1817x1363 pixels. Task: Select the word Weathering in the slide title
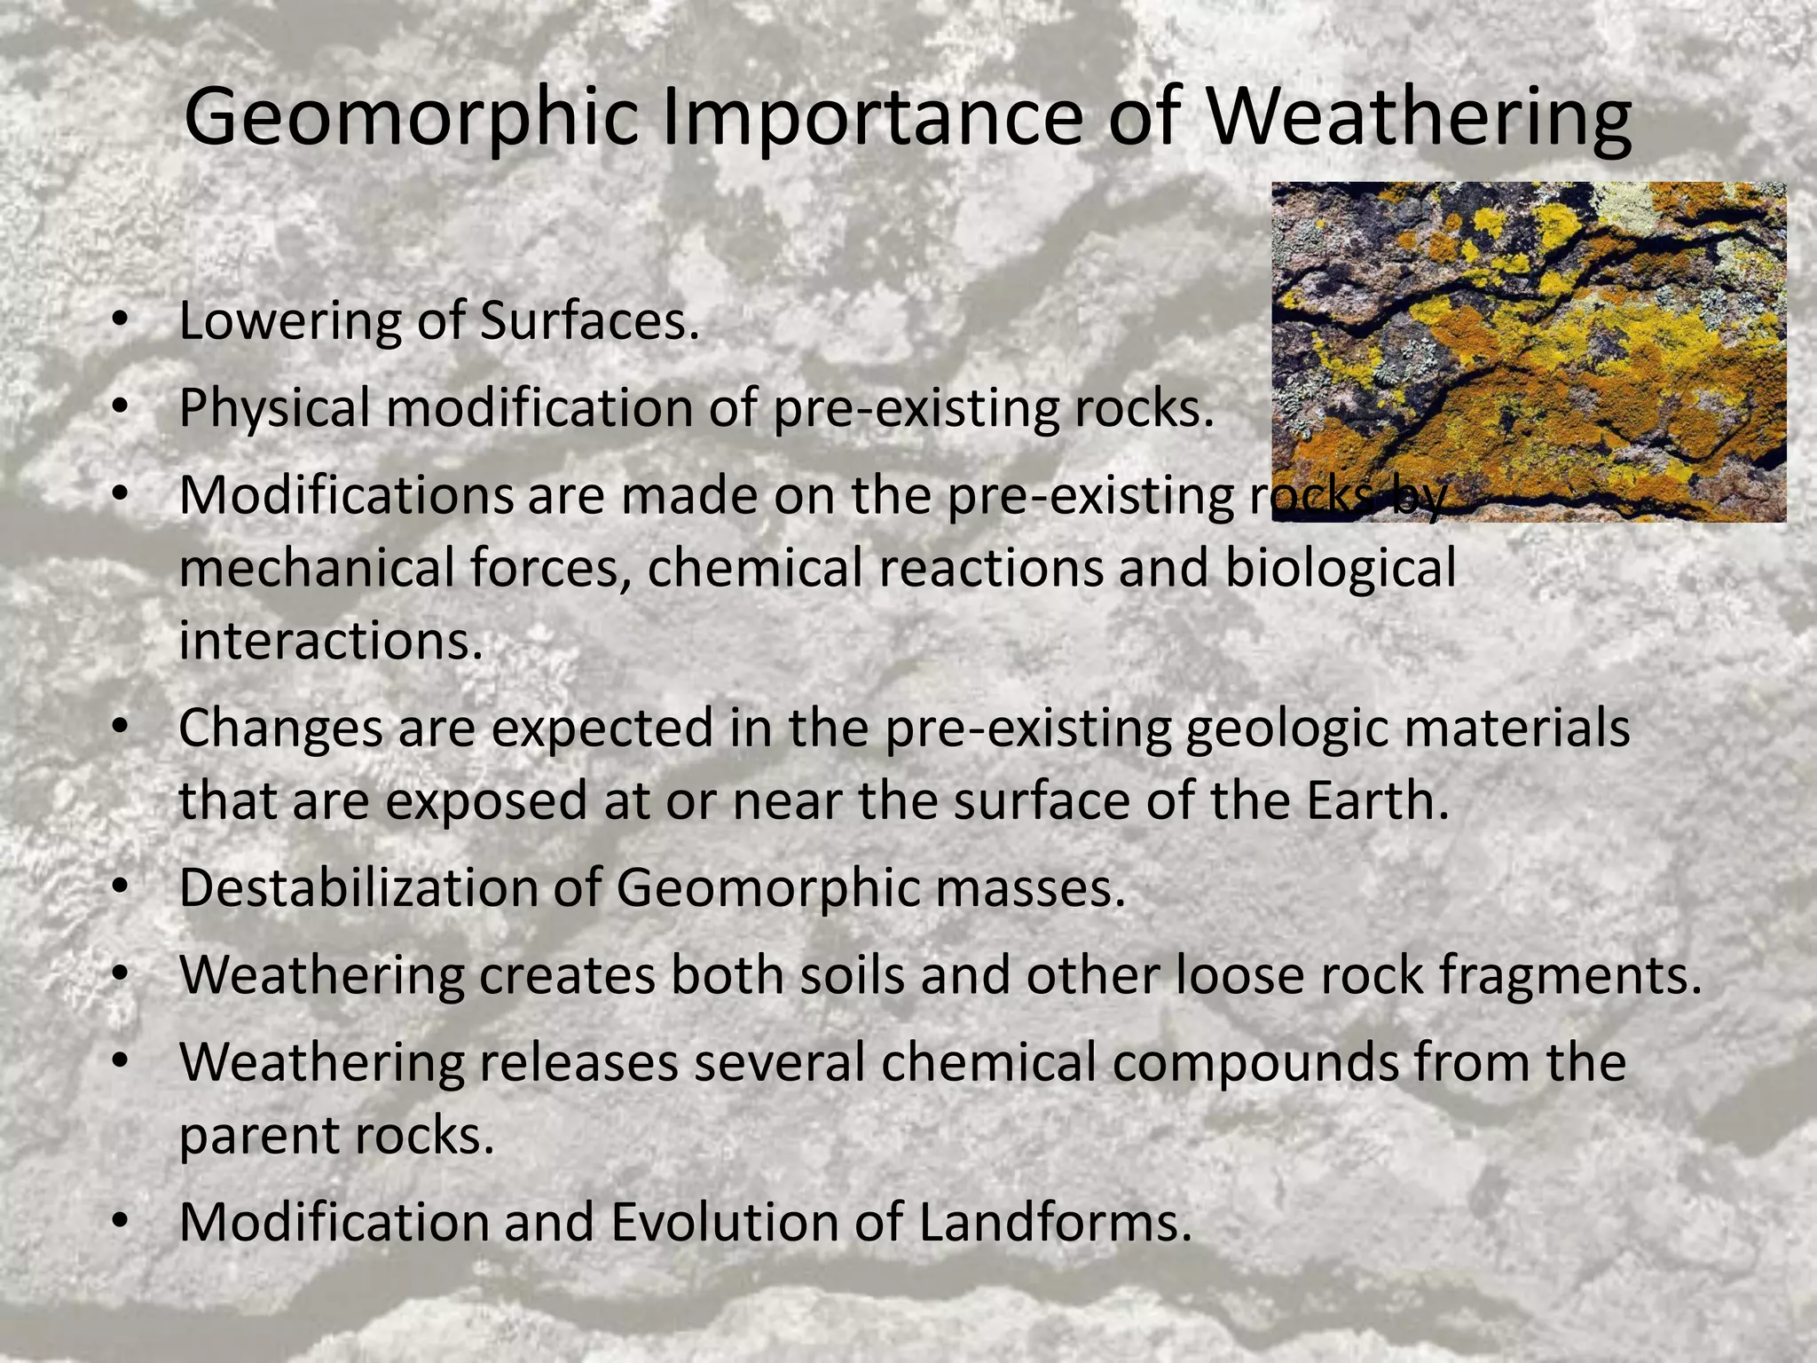point(1416,118)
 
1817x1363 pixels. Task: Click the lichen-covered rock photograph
point(1528,351)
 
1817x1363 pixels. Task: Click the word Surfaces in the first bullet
point(589,321)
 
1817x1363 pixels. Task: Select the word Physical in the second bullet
point(274,408)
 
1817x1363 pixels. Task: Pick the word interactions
point(331,641)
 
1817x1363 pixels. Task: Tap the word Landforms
point(1054,1222)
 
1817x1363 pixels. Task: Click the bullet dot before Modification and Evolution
point(121,1224)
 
